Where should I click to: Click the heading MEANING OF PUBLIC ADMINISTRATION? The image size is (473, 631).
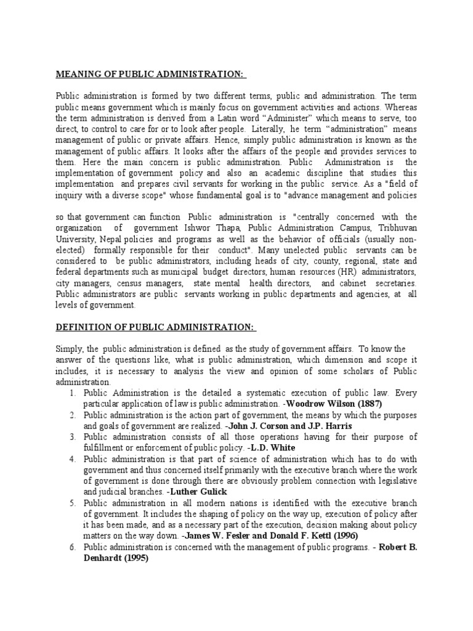(150, 75)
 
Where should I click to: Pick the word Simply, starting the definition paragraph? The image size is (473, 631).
(69, 349)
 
